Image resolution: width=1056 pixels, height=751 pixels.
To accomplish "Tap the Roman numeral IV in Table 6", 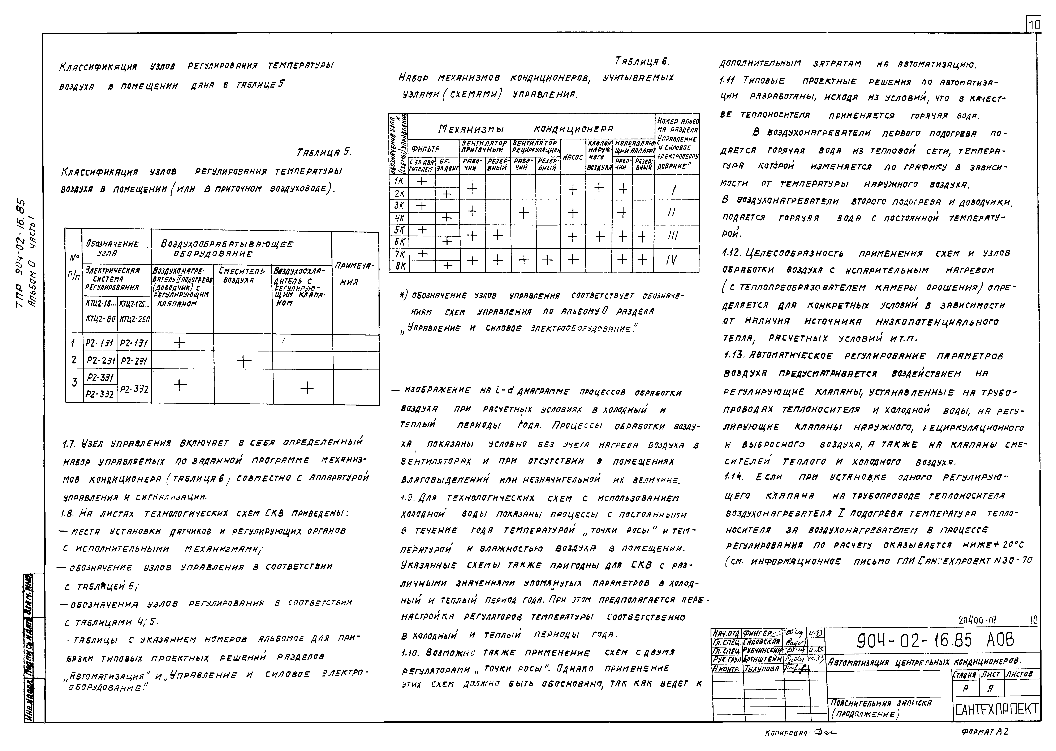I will [672, 260].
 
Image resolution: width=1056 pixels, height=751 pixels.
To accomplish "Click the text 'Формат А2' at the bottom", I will [984, 732].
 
